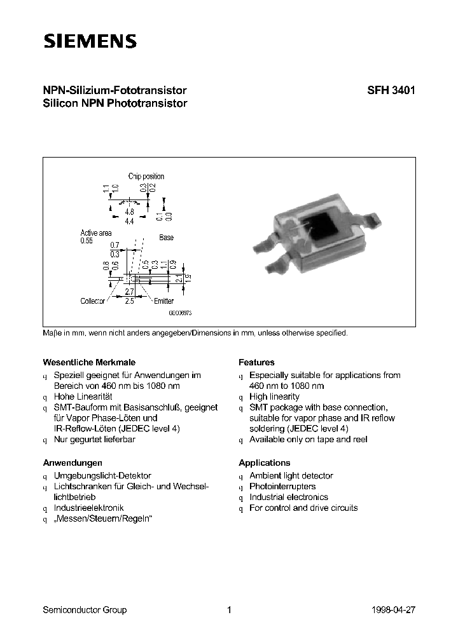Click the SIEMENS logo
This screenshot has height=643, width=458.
90,42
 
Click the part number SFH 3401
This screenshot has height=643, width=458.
391,91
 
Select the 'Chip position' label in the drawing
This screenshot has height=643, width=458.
146,176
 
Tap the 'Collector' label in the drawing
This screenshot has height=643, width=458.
92,301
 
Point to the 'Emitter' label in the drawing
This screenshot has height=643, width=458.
163,301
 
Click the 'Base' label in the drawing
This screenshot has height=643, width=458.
166,238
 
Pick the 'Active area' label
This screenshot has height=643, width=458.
95,233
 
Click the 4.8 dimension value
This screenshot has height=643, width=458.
129,212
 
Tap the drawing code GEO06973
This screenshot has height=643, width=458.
180,313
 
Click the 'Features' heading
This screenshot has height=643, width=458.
256,362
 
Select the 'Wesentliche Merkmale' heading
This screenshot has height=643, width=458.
88,362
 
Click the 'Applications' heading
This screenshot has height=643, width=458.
264,463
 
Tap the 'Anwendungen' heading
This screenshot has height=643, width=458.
72,463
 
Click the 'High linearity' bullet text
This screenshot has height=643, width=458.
274,396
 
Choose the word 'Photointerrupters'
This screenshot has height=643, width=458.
282,486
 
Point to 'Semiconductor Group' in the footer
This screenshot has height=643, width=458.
85,610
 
